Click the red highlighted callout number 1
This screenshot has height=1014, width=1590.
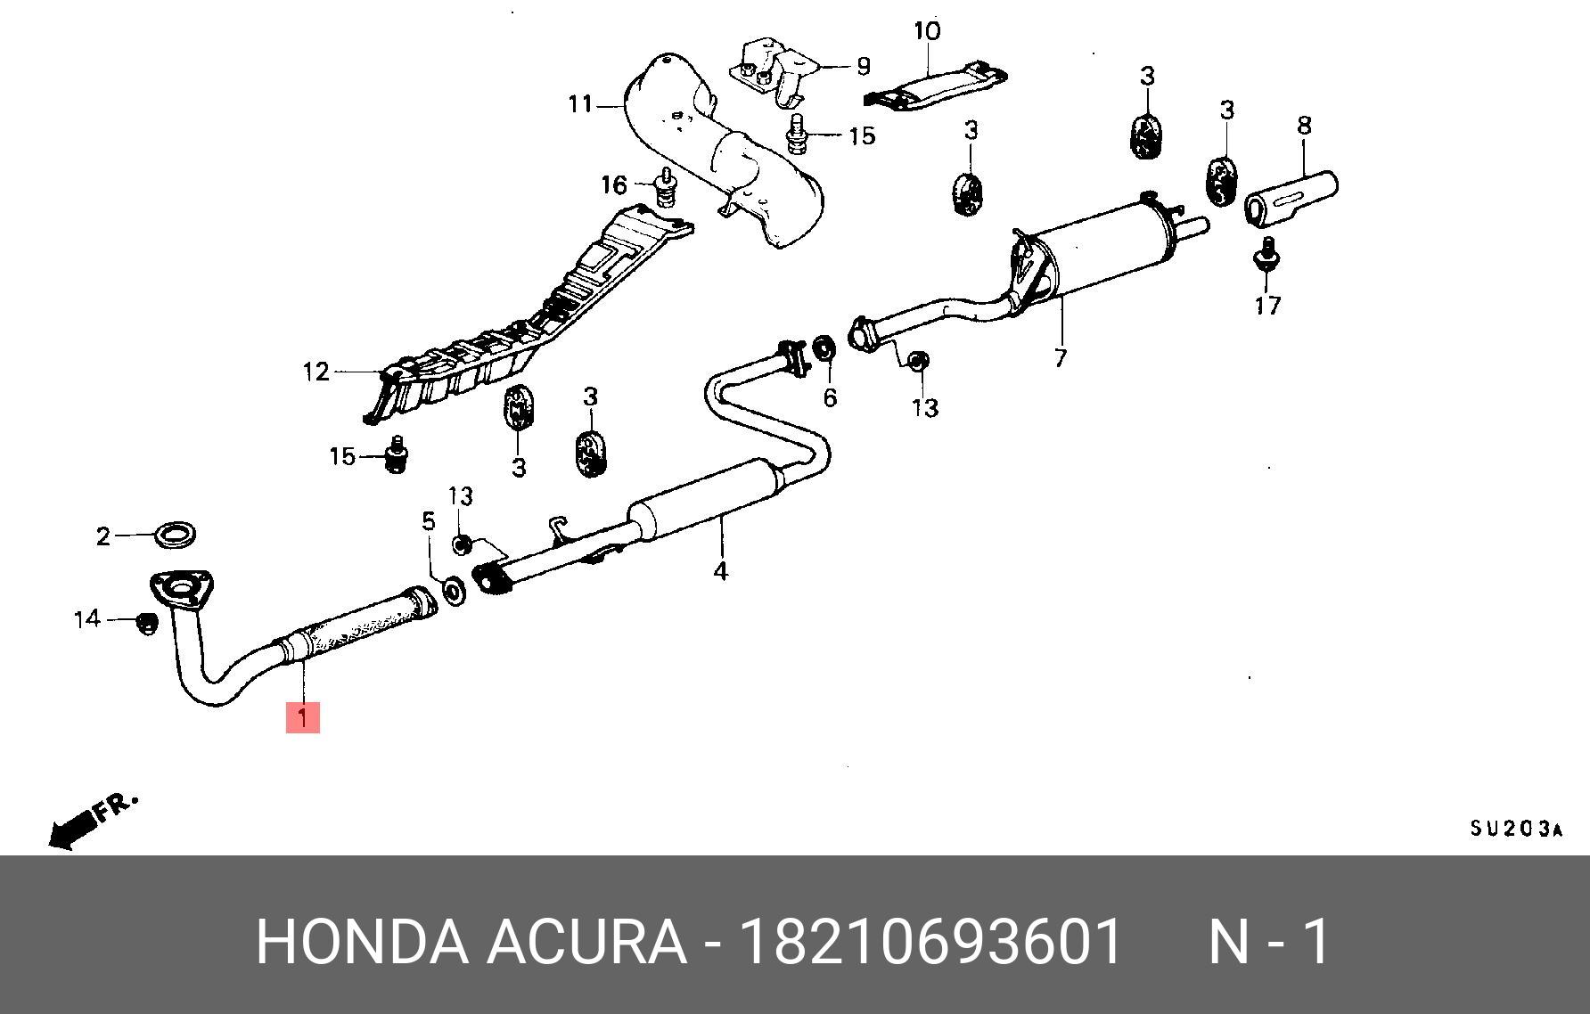(302, 716)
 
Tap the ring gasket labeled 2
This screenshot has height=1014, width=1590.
(175, 535)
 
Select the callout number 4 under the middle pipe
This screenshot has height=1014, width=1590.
(720, 571)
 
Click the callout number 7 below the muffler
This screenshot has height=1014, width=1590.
(1060, 358)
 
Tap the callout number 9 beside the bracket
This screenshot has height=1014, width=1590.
(863, 66)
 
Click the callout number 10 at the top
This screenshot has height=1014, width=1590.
(927, 31)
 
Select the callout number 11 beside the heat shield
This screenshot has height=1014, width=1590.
(580, 105)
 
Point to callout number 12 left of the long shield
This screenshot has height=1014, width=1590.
(316, 372)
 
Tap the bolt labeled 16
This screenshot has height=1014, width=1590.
(664, 189)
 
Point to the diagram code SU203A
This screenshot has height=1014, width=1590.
(1515, 830)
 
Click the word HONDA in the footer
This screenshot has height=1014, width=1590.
(361, 942)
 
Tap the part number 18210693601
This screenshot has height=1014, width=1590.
(930, 942)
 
